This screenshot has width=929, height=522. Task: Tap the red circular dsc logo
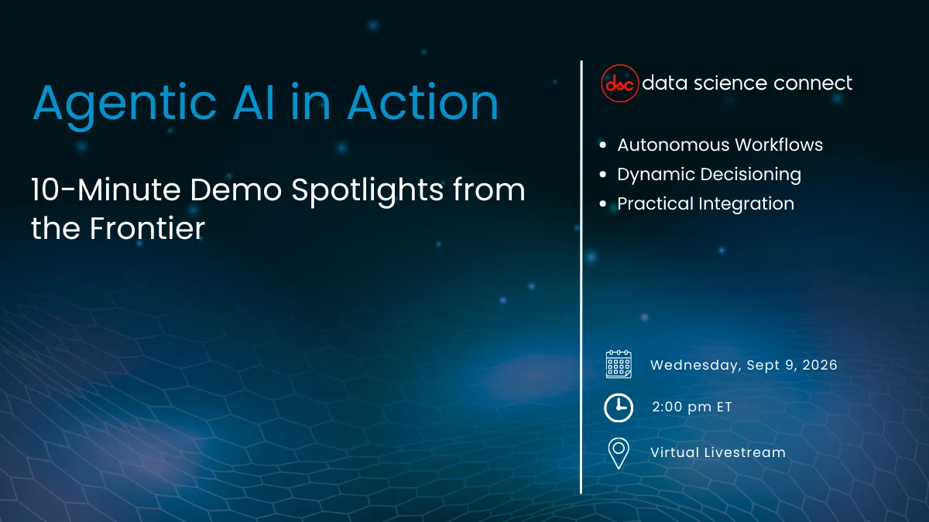coord(620,83)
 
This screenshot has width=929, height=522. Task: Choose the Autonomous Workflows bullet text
coord(720,145)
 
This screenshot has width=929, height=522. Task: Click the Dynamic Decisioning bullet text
coord(708,174)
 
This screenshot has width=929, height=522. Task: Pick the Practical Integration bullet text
coord(705,203)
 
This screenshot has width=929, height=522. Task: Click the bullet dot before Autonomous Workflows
coord(603,145)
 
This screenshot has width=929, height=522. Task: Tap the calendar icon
coord(619,364)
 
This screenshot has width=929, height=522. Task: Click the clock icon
coord(619,408)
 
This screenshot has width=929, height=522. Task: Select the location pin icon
coord(619,453)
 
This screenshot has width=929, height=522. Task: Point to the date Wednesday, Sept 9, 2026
coord(743,365)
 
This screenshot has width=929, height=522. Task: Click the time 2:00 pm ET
coord(691,408)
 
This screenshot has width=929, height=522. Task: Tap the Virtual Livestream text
coord(718,452)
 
